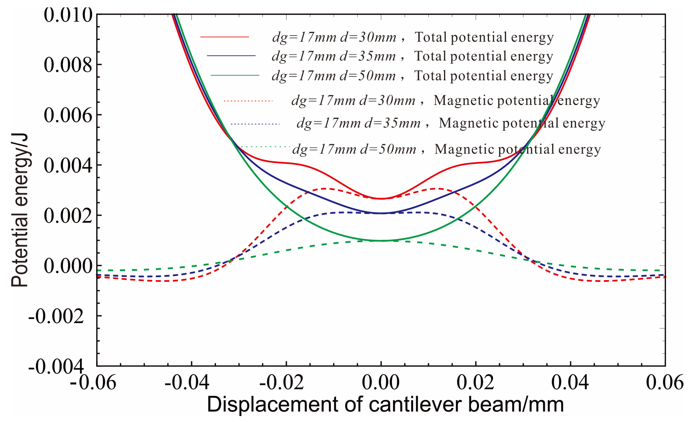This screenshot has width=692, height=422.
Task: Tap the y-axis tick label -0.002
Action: point(56,316)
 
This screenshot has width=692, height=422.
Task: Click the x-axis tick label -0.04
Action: point(187,382)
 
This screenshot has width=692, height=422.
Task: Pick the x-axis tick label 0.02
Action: point(475,382)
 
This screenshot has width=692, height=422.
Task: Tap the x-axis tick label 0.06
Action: point(664,382)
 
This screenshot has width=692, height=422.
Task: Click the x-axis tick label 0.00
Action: point(381,382)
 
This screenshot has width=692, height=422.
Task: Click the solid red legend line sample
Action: point(225,37)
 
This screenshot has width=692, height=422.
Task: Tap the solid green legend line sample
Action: point(235,76)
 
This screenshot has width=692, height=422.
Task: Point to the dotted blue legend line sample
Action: point(255,124)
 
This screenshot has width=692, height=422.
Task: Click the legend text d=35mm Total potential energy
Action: point(412,56)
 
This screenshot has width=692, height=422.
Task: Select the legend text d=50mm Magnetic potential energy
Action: point(446,149)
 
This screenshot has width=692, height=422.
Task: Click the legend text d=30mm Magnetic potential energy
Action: point(445,101)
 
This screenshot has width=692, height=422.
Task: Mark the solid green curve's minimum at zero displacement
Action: point(381,241)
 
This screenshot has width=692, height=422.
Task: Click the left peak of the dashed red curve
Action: point(325,189)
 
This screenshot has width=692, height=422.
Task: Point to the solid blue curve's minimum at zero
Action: point(381,213)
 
